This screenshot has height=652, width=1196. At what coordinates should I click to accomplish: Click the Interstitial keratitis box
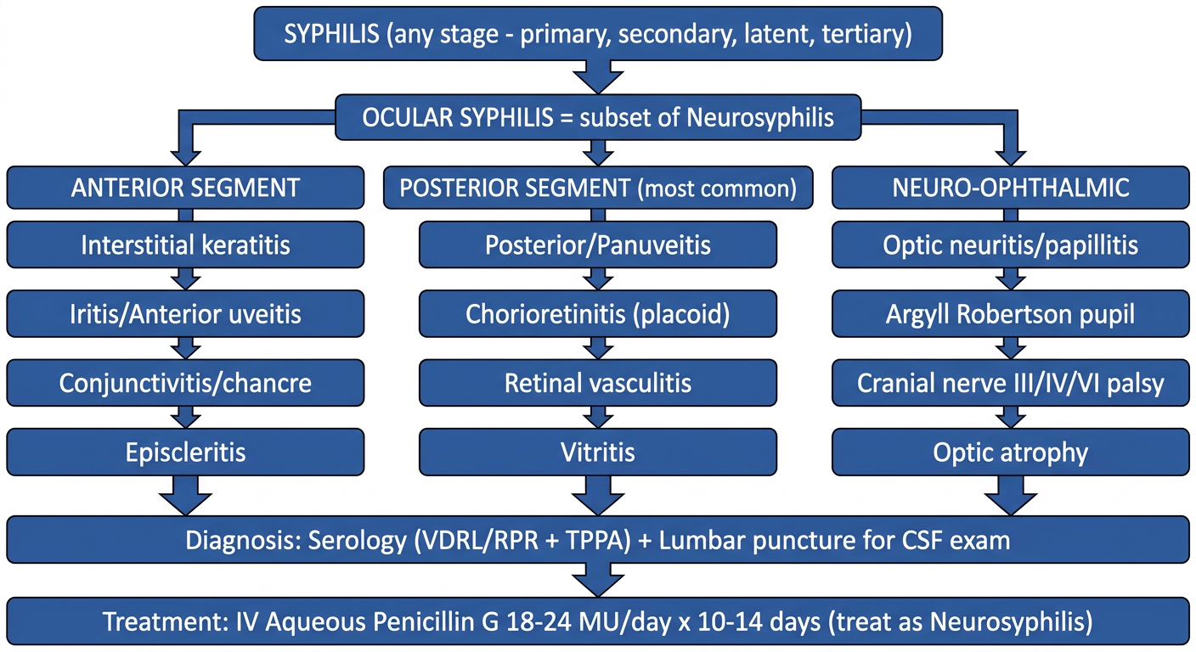(x=185, y=244)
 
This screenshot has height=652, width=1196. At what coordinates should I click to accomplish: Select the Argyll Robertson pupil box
(x=1011, y=314)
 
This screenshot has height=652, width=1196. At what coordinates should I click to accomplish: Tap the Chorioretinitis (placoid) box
(x=598, y=314)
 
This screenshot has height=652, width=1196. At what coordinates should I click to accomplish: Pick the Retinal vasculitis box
(x=598, y=383)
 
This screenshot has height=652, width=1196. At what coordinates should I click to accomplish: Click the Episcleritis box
(x=185, y=452)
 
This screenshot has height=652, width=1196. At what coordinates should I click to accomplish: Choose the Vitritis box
(x=598, y=452)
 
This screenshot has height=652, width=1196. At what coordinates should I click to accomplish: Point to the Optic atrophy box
(x=1011, y=452)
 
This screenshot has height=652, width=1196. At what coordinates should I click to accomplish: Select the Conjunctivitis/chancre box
(x=185, y=383)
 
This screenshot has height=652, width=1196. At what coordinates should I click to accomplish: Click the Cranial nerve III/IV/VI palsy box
(x=1011, y=383)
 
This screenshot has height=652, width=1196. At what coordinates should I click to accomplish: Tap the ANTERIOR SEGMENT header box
(x=185, y=188)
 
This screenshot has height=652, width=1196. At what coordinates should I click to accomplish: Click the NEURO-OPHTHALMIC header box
(x=1011, y=188)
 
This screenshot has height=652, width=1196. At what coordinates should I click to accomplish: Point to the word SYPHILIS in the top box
(x=331, y=34)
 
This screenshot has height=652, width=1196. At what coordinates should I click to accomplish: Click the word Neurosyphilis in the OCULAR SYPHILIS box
(x=759, y=117)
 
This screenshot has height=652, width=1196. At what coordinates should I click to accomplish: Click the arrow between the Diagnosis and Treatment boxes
(x=598, y=581)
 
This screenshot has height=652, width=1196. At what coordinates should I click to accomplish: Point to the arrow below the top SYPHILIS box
(x=598, y=77)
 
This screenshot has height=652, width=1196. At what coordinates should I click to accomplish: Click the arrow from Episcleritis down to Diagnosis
(x=185, y=496)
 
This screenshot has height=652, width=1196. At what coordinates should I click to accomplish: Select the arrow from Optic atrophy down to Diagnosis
(x=1011, y=496)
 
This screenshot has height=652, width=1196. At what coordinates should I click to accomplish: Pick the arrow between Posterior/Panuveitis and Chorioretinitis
(x=598, y=279)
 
